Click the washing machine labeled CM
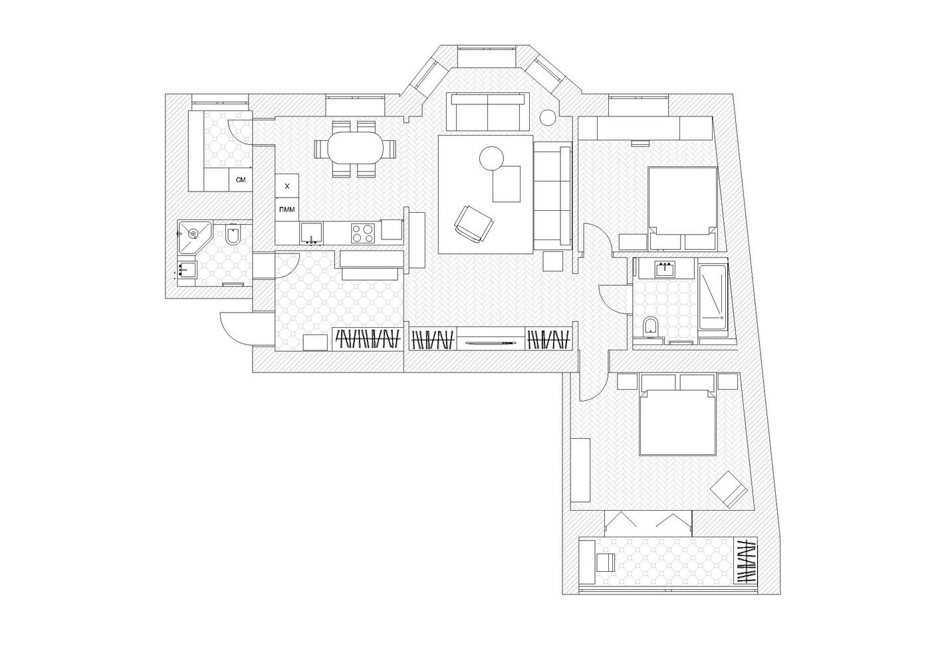[241, 180]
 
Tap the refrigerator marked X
[287, 186]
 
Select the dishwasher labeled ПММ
[287, 209]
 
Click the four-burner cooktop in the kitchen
[362, 233]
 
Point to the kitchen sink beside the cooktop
[311, 233]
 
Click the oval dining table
[355, 148]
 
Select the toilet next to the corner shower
[232, 236]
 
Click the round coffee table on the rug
[491, 158]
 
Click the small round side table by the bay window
[548, 118]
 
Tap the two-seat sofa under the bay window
[488, 112]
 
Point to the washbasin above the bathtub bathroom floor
[666, 268]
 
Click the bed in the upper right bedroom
[682, 208]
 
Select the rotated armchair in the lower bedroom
[728, 490]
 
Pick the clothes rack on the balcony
[746, 563]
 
